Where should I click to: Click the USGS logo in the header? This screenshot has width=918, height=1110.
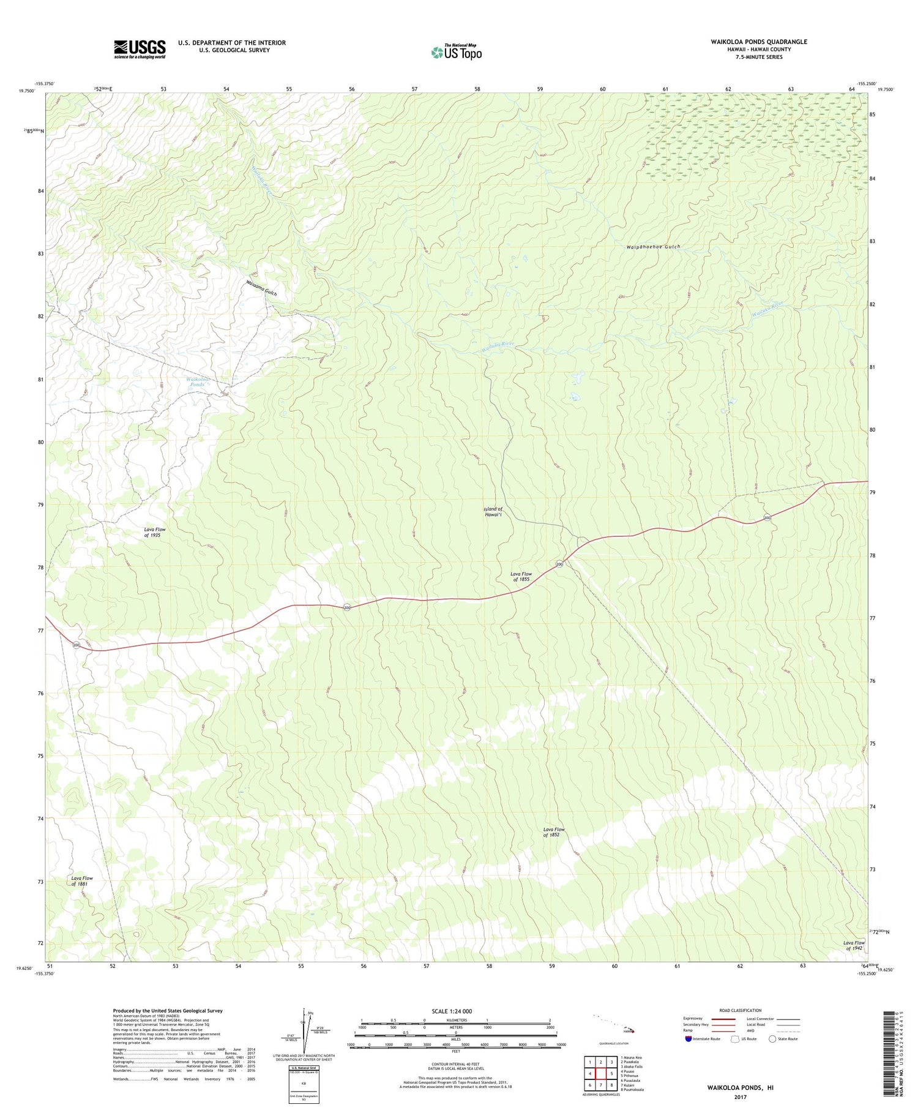pyautogui.click(x=140, y=49)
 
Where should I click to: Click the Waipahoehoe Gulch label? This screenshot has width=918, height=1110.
pyautogui.click(x=653, y=247)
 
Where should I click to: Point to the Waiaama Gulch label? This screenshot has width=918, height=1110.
pyautogui.click(x=261, y=288)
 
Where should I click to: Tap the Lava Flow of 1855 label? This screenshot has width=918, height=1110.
pyautogui.click(x=521, y=576)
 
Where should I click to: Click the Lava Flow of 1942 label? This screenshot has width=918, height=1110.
pyautogui.click(x=853, y=945)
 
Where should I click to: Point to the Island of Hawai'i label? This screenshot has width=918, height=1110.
pyautogui.click(x=493, y=512)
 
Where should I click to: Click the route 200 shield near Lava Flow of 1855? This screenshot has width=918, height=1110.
pyautogui.click(x=559, y=564)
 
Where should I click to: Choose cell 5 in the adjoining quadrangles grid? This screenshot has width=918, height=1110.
pyautogui.click(x=611, y=1073)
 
